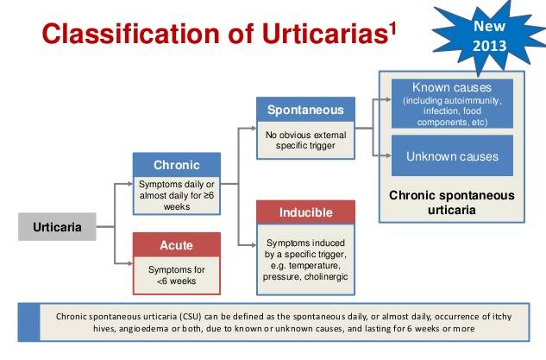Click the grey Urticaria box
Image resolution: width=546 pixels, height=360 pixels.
(57, 226)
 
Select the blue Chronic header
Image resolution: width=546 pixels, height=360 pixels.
(177, 165)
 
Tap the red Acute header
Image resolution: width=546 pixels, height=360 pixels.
(177, 244)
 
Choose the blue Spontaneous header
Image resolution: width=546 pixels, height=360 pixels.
(305, 110)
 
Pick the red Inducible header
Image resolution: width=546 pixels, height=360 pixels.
(305, 212)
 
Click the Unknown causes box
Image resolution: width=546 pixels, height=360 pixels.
(452, 155)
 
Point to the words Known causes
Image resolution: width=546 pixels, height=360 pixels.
(452, 87)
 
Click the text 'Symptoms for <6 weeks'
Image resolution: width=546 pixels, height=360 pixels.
(177, 275)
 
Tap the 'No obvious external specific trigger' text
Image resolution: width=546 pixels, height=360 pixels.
(305, 140)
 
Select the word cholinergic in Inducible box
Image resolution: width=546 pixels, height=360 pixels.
(326, 277)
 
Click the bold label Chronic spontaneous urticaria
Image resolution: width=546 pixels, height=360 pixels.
(452, 202)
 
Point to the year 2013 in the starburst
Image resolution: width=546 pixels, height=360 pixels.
(489, 46)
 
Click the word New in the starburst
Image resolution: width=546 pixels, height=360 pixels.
(489, 26)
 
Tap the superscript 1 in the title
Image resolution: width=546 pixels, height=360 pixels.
(392, 28)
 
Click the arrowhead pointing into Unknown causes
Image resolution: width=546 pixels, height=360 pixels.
(389, 155)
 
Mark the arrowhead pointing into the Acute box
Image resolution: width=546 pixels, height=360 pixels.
(130, 263)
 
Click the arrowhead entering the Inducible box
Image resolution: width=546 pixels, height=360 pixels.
(254, 245)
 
